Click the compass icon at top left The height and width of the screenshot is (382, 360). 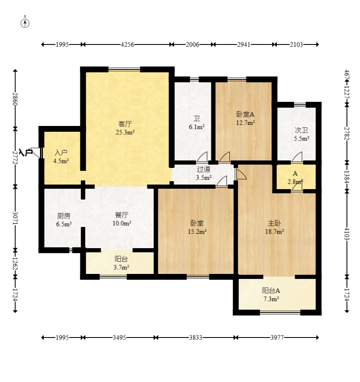[25, 22]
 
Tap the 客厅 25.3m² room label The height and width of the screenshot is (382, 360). [125, 128]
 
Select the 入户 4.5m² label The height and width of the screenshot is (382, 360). [61, 157]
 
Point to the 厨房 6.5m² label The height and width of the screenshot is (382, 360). [64, 220]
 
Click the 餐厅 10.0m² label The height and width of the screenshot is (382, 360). [122, 219]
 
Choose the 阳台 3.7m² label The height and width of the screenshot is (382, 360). [121, 263]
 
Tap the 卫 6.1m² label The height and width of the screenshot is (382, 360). [196, 123]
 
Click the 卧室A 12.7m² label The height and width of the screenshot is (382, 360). [246, 118]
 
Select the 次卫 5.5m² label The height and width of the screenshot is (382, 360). [301, 134]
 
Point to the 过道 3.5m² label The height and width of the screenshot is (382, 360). [204, 173]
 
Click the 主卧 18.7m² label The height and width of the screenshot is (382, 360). [275, 227]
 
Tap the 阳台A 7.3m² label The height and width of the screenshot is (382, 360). [271, 295]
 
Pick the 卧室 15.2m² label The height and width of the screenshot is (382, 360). [197, 227]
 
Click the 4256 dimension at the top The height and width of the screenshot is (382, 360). [127, 44]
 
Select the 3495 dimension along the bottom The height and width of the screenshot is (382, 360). [119, 338]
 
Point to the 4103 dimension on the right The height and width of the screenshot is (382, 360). [347, 234]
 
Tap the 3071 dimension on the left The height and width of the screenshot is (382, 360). [15, 218]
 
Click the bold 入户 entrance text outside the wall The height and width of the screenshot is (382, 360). [26, 153]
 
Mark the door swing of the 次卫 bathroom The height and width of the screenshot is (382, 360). [297, 156]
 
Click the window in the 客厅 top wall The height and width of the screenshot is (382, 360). [124, 69]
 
